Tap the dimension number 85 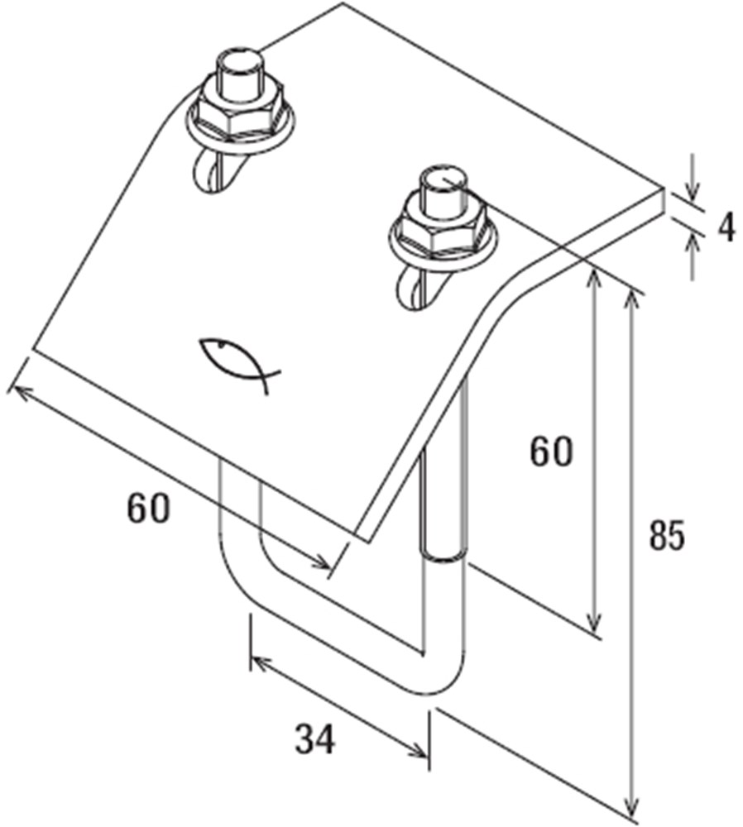click(x=667, y=536)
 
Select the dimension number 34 click(x=314, y=739)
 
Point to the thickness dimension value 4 click(x=726, y=229)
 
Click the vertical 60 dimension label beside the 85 click(x=551, y=452)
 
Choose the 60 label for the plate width click(x=149, y=509)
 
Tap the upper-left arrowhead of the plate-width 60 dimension click(x=19, y=391)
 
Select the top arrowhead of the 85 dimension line click(x=630, y=302)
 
